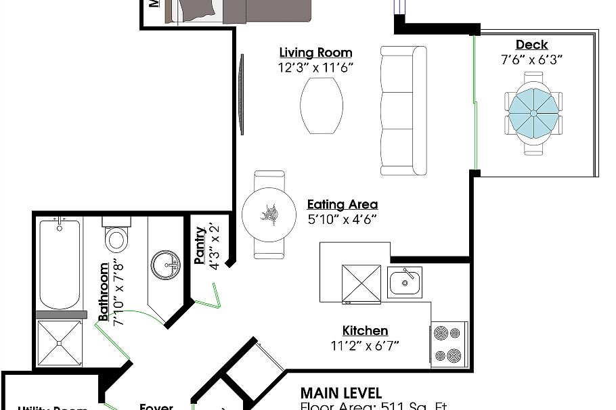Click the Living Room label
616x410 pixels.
pos(315,53)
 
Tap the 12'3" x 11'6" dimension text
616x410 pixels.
pos(315,68)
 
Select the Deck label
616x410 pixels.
pos(531,45)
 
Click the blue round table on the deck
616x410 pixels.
pos(533,114)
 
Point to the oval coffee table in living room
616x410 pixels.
pos(322,106)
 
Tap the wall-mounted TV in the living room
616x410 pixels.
pos(240,95)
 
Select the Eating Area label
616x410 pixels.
pos(343,204)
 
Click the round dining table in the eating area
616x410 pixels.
pos(269,215)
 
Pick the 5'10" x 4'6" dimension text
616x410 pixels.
pos(343,219)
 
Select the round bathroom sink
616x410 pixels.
pos(164,265)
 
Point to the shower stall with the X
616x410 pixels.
pos(60,344)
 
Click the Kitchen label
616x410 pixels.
pos(365,331)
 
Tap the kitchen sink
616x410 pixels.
pos(405,281)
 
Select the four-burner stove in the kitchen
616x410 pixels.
pos(449,344)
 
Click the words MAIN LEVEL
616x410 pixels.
pos(340,393)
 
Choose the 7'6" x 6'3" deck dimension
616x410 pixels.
pos(531,60)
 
